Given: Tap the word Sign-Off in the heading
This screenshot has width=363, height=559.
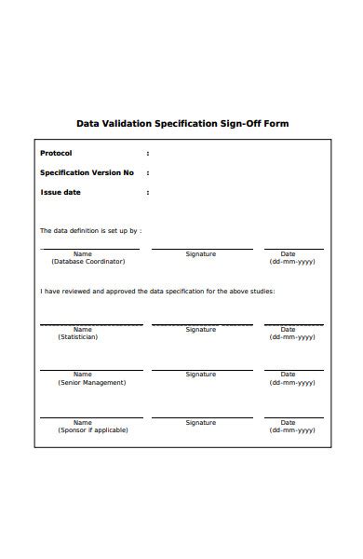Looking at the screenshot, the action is coord(242,123).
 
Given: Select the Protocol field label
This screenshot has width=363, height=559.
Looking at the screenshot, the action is coord(56,153).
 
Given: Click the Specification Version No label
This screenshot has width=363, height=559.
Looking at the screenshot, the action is coord(87,172).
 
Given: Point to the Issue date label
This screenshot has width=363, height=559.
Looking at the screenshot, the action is coord(60,192).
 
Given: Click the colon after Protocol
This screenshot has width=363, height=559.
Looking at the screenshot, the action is coord(147,153).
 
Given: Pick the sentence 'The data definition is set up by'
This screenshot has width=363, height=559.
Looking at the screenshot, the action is coord(90,230).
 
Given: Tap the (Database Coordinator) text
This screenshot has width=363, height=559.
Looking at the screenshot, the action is coord(87,262).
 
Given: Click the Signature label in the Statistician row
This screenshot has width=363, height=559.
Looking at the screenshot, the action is coord(200,329).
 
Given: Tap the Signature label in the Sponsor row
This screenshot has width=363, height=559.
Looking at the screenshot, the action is coord(200,422).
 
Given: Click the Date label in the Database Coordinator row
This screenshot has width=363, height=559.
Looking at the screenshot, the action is coord(288,254).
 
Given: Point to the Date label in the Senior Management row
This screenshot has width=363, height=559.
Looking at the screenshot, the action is coord(288,375).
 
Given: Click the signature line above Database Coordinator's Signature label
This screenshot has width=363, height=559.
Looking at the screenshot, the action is coord(201,249).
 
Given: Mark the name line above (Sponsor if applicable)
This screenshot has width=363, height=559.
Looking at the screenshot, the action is coord(90,417).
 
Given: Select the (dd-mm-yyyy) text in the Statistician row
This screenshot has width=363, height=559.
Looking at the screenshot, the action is coord(292,336).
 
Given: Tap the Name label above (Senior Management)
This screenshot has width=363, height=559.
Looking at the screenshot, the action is coord(83,375).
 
